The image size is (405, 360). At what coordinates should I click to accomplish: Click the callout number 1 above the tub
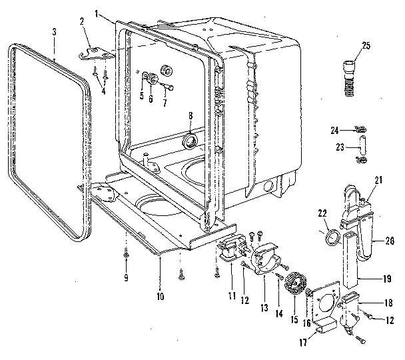97,13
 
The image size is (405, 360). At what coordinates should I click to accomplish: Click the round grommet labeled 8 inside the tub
189,139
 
